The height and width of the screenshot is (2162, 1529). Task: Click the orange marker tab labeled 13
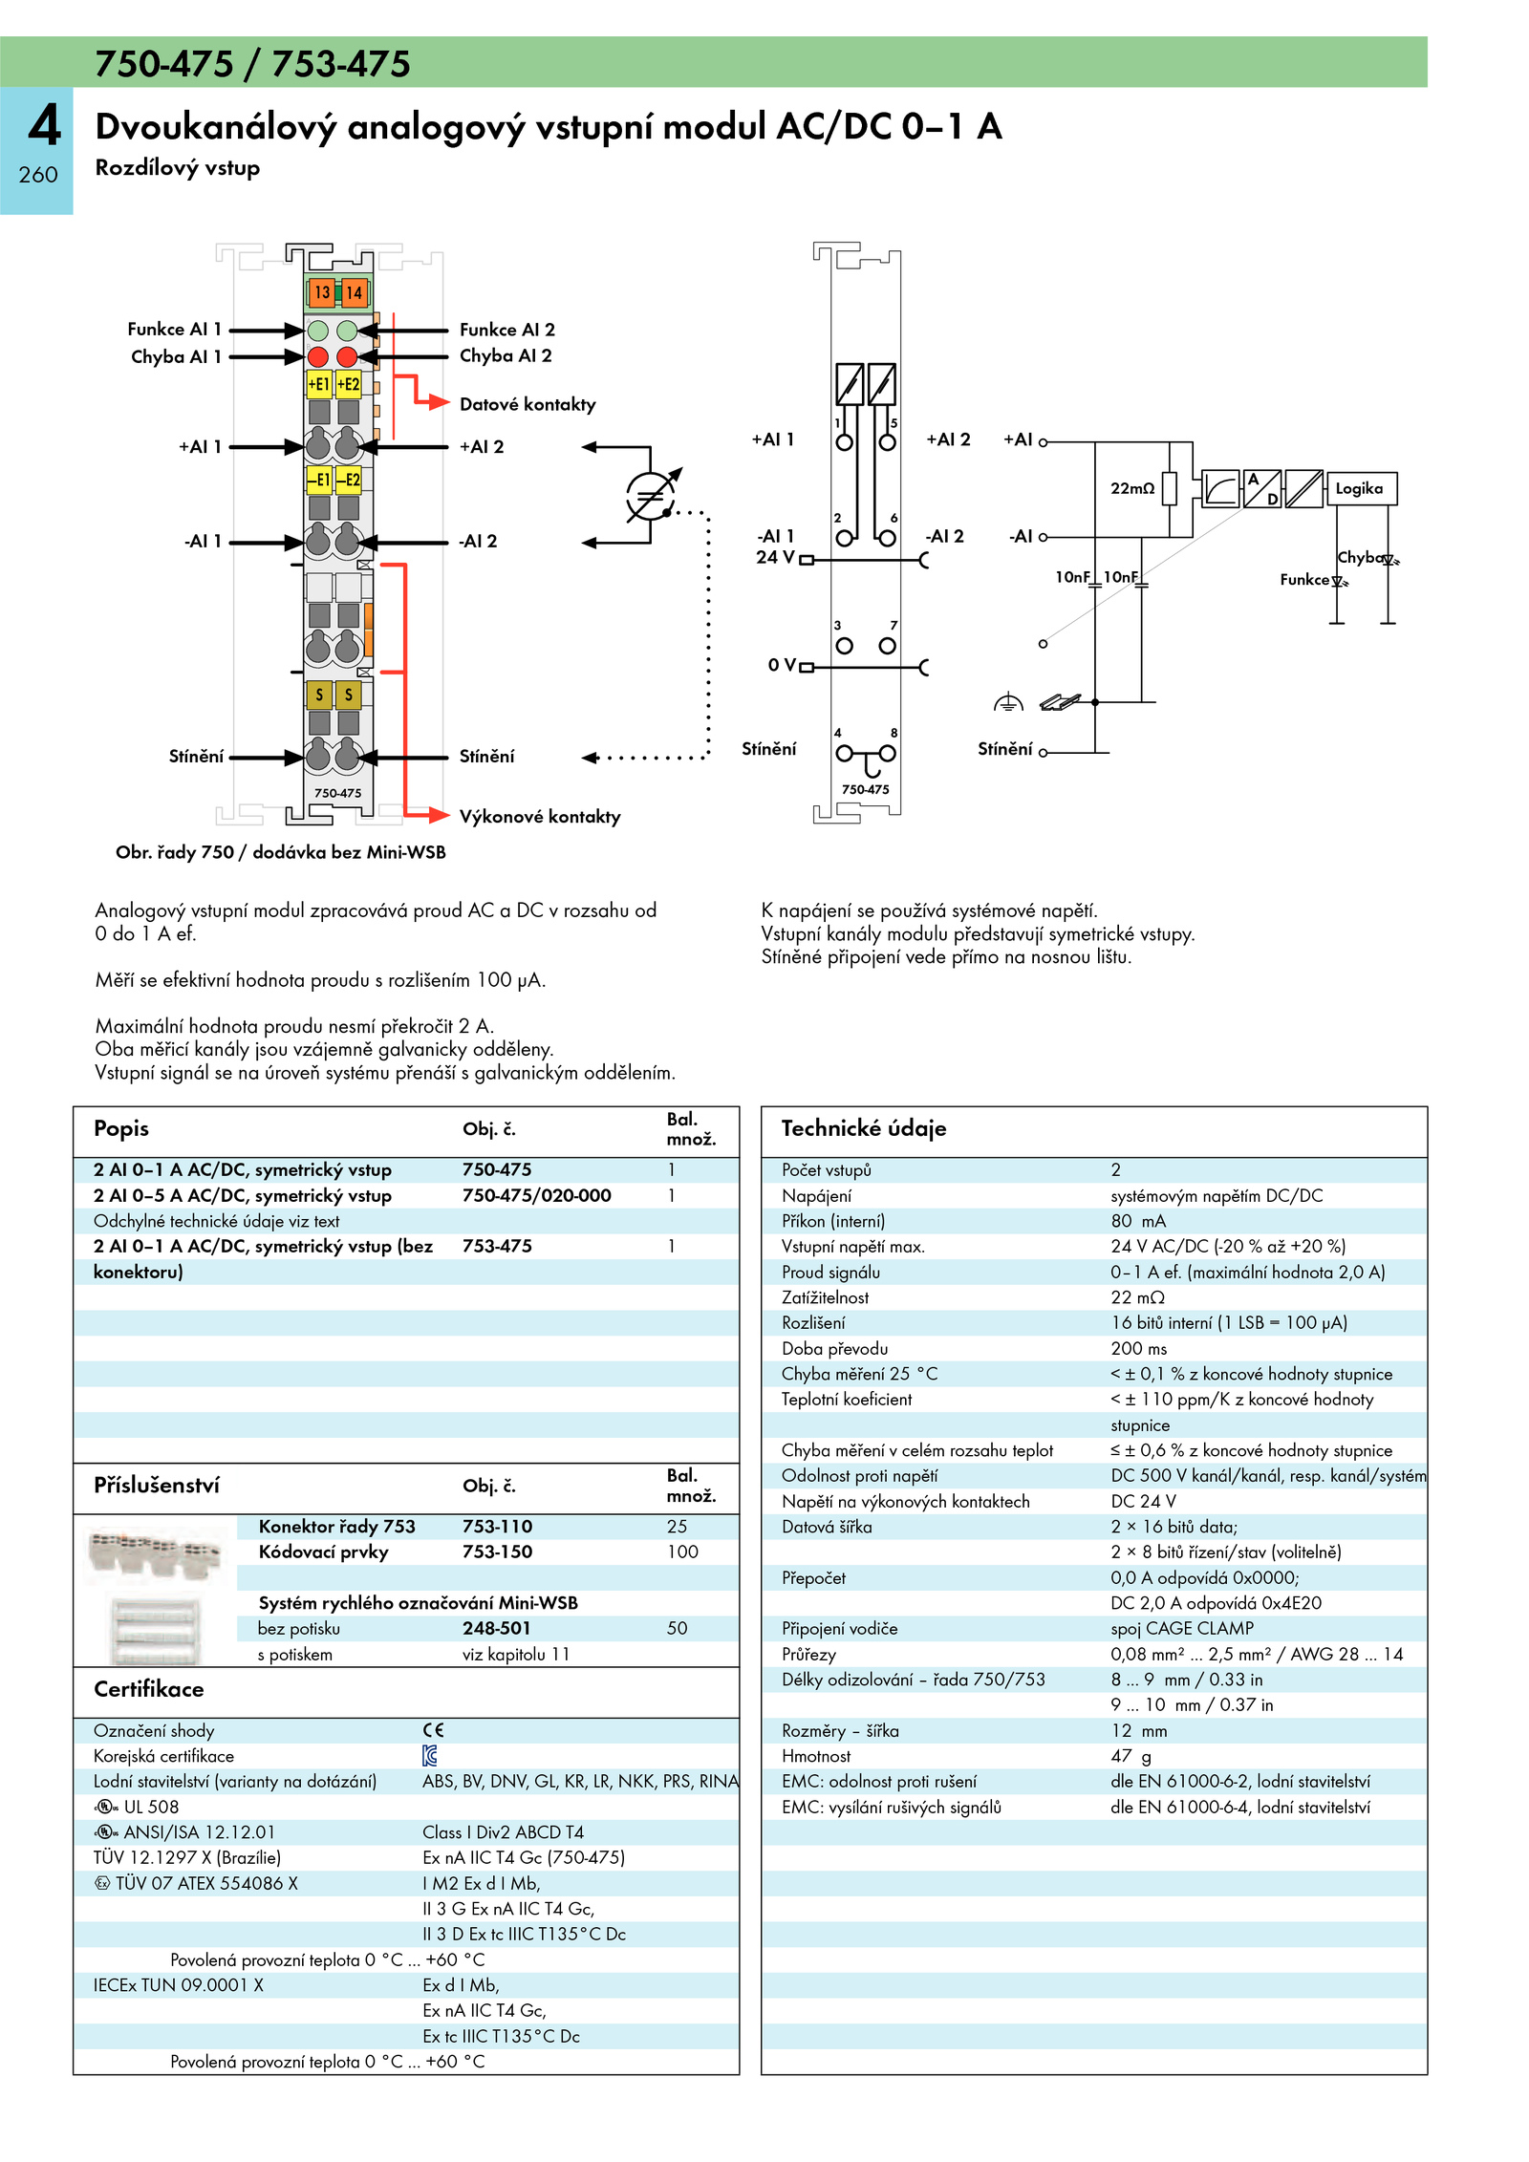point(322,292)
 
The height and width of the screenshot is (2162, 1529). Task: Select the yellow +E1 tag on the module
point(318,384)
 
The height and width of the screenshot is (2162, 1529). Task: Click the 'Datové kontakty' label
point(528,404)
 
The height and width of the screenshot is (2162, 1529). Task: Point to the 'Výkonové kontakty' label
point(540,817)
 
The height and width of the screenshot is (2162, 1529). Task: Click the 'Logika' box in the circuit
point(1360,488)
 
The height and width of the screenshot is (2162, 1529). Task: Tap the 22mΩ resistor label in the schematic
point(1132,488)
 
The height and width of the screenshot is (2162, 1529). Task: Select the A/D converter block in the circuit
point(1262,488)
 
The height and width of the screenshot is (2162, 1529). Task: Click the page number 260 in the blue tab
point(38,175)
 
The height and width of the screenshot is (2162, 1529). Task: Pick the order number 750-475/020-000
point(537,1195)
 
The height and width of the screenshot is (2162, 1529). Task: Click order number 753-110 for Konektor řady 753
point(498,1527)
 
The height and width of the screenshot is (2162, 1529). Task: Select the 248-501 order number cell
point(497,1628)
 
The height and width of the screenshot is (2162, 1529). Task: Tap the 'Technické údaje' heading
point(864,1128)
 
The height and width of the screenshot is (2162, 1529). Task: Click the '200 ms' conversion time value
point(1139,1348)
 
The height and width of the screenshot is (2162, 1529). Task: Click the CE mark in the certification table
point(434,1730)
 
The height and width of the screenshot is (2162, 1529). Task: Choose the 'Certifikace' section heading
point(149,1689)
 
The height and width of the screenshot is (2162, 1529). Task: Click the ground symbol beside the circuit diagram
point(1008,703)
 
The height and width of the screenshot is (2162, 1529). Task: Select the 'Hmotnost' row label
point(816,1756)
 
